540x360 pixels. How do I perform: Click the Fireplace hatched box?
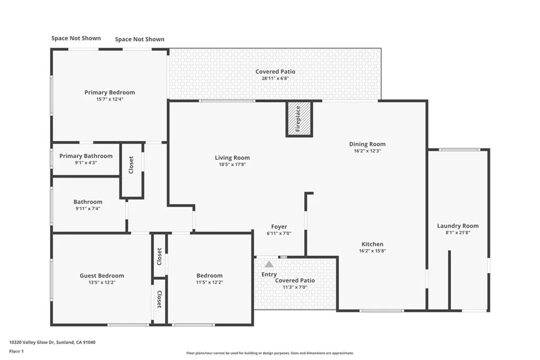299,119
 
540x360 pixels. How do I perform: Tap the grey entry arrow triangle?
269,264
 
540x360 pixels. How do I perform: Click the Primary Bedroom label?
110,92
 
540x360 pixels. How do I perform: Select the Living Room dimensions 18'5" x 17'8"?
233,164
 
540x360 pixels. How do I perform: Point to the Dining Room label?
367,144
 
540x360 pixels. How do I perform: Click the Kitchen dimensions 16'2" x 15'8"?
372,251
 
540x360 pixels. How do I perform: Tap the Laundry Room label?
458,226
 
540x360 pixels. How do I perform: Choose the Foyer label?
279,227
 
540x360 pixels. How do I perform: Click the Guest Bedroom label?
102,276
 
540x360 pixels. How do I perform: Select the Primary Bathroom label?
86,156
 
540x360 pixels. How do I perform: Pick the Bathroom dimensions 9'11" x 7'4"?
88,209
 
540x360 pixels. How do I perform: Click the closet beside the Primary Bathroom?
131,171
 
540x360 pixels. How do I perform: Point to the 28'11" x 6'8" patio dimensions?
275,79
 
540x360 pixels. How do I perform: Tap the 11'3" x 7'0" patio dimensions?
295,287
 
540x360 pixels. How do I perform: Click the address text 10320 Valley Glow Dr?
32,343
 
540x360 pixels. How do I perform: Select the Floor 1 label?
16,352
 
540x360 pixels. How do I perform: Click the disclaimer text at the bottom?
270,353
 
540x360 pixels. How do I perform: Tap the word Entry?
269,274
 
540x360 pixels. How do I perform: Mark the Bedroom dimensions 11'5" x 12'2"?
209,283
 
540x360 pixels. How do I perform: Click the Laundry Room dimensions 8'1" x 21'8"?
458,232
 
